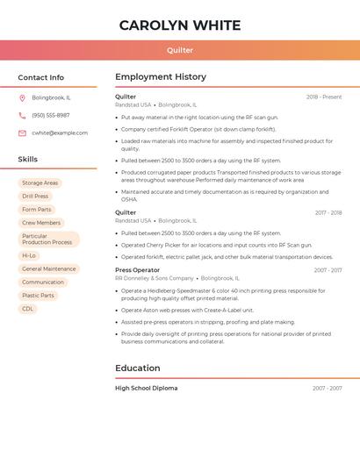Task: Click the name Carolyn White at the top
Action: (x=180, y=25)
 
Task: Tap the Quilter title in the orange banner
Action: (x=180, y=50)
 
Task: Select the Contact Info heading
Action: (x=41, y=77)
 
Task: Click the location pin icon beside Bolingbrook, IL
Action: (x=22, y=97)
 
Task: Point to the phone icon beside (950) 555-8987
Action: (x=22, y=115)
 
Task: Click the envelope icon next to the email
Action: (x=22, y=133)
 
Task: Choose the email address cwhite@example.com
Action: (x=60, y=133)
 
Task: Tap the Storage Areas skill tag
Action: (x=40, y=183)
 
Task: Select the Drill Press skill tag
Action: (x=35, y=197)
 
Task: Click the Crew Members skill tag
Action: (x=41, y=223)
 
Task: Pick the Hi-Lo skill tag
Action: (x=29, y=256)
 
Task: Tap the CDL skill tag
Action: (x=28, y=309)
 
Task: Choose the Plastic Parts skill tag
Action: (x=38, y=296)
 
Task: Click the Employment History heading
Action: (x=161, y=77)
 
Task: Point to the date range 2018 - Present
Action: (x=324, y=97)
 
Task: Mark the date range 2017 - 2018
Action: (x=328, y=213)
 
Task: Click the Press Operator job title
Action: (x=138, y=270)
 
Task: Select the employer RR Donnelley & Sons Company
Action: (x=154, y=278)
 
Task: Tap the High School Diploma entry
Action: (x=146, y=388)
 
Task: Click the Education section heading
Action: (x=138, y=368)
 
